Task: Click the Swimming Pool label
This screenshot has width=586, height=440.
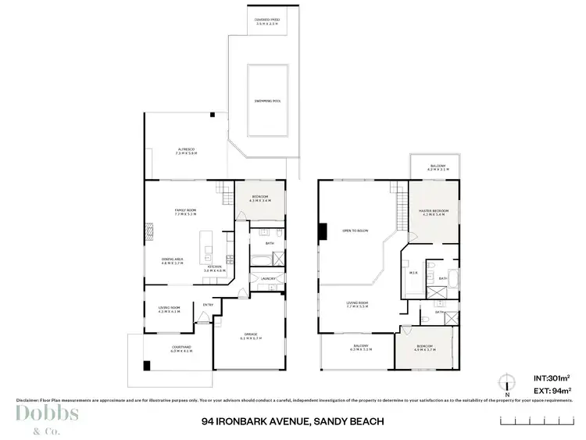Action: click(x=267, y=102)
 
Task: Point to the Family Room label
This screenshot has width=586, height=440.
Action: click(x=184, y=211)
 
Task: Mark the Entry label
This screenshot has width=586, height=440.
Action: click(x=208, y=305)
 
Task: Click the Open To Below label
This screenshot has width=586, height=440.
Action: click(x=354, y=230)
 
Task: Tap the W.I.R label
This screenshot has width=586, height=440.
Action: click(x=414, y=274)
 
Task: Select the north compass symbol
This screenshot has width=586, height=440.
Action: click(x=508, y=384)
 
